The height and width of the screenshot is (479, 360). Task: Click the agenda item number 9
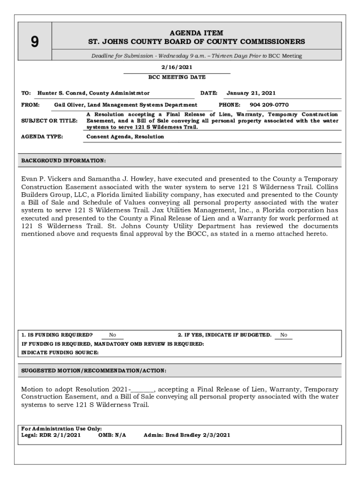click(35, 43)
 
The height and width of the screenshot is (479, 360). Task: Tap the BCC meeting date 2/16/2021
click(177, 67)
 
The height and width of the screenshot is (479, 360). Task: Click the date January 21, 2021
click(251, 93)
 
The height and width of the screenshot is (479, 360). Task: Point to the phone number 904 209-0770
click(269, 105)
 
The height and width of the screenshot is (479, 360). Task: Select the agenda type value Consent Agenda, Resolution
click(125, 137)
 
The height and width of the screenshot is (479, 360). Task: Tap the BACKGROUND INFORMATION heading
click(64, 161)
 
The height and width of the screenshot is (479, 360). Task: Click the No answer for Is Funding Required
click(113, 335)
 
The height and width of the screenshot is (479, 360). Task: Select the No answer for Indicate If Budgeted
click(283, 335)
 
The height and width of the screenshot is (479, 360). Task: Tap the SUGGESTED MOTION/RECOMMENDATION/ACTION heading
click(94, 370)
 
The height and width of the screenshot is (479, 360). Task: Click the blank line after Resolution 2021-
click(143, 390)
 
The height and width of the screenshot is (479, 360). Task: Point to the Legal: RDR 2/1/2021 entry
click(51, 435)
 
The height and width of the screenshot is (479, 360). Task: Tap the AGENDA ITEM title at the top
click(196, 33)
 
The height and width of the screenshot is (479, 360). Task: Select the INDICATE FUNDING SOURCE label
click(60, 353)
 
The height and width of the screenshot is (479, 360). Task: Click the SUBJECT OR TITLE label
click(50, 121)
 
